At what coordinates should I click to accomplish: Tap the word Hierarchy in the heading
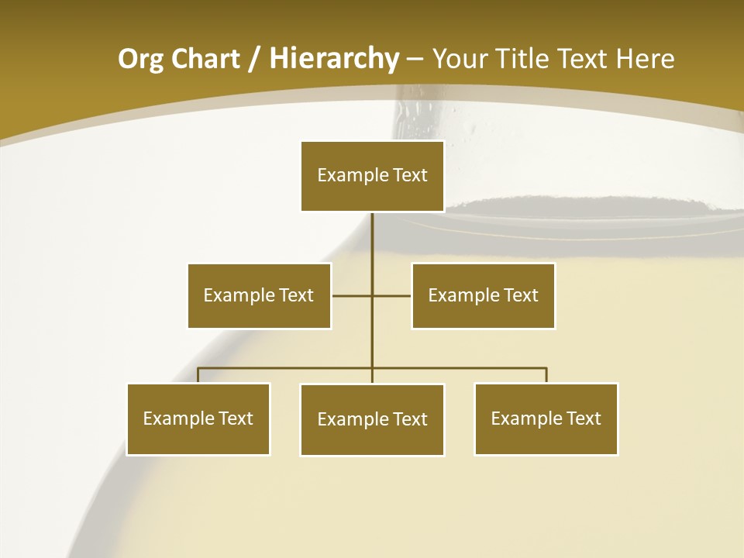click(x=334, y=60)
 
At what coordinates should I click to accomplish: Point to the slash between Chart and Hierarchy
click(x=253, y=60)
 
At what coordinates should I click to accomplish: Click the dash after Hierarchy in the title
click(x=415, y=60)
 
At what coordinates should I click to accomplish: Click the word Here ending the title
click(x=645, y=60)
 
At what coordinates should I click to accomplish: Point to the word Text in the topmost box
click(x=410, y=175)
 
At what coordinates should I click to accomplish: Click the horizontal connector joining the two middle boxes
click(x=353, y=295)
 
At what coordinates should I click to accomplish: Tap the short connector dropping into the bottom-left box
click(x=198, y=375)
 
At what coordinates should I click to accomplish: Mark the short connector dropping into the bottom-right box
click(x=546, y=375)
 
